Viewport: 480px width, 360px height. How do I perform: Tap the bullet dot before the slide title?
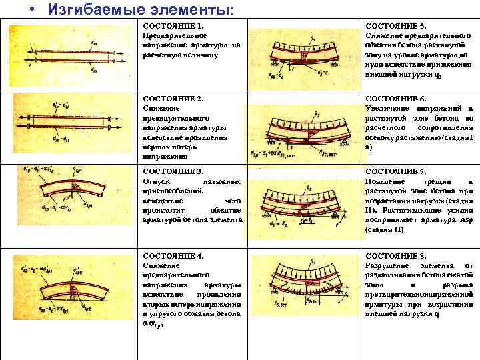(32, 10)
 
